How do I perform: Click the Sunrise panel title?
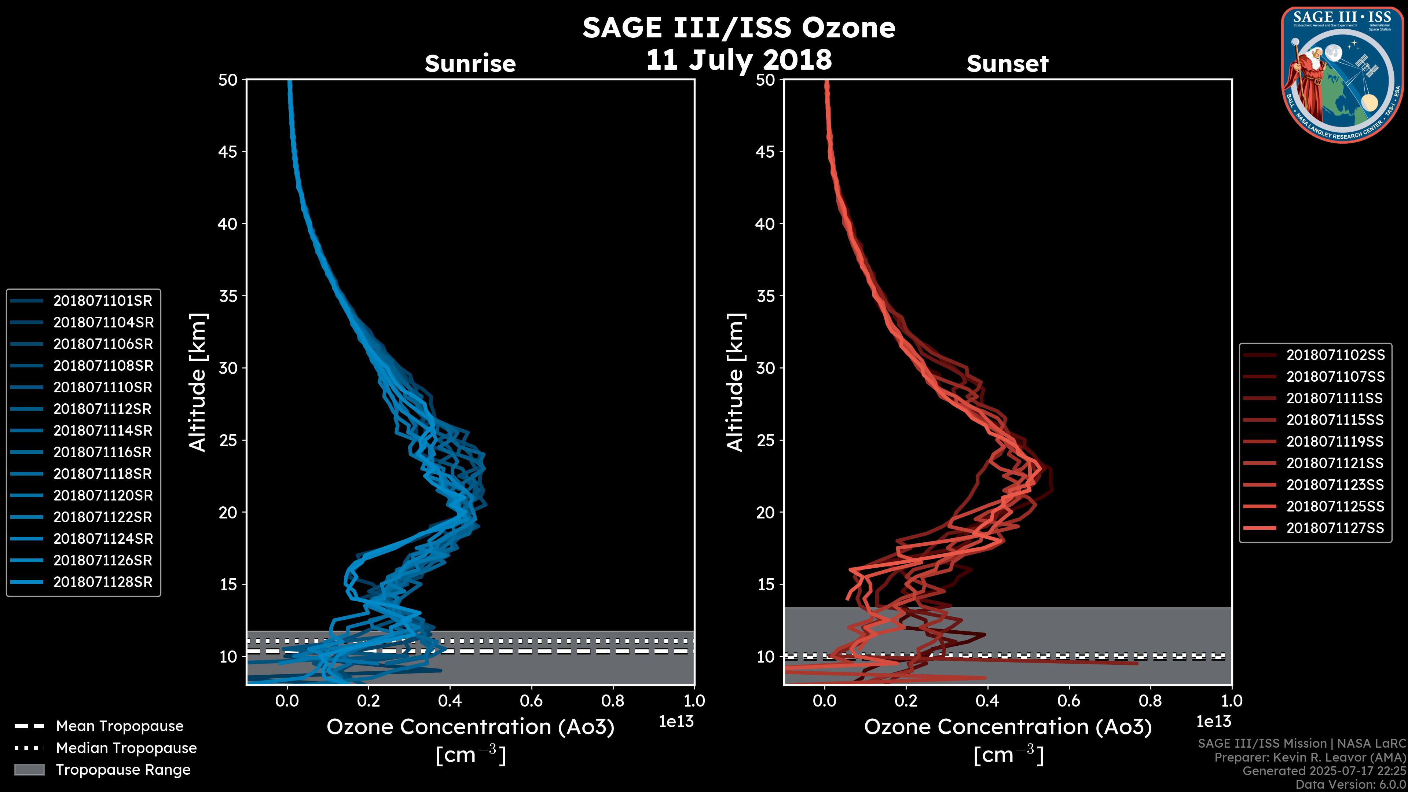pyautogui.click(x=470, y=63)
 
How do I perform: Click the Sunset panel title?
pyautogui.click(x=1007, y=63)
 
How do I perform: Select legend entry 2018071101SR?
pyautogui.click(x=103, y=301)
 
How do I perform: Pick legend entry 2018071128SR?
pyautogui.click(x=103, y=582)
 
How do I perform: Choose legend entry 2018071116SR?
pyautogui.click(x=103, y=452)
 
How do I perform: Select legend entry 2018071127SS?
pyautogui.click(x=1335, y=528)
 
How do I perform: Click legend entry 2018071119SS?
pyautogui.click(x=1335, y=441)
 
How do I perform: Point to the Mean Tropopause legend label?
pyautogui.click(x=120, y=726)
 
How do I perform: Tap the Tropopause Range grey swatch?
pyautogui.click(x=29, y=770)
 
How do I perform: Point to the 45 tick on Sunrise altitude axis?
pyautogui.click(x=228, y=152)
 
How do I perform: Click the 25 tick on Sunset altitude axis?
pyautogui.click(x=765, y=440)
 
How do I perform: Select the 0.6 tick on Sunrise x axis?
pyautogui.click(x=531, y=701)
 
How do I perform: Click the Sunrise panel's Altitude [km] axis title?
pyautogui.click(x=198, y=382)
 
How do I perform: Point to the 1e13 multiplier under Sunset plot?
pyautogui.click(x=1213, y=722)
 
